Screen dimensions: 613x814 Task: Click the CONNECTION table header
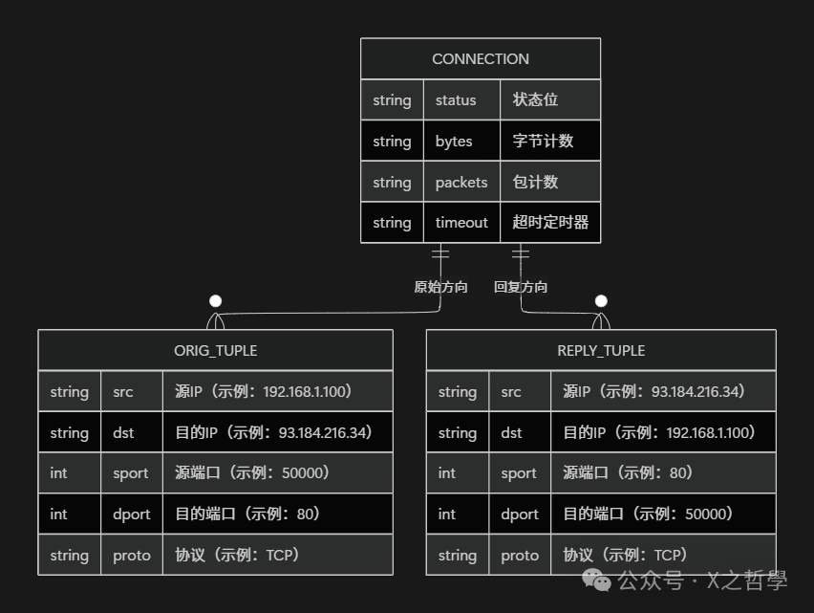coord(480,59)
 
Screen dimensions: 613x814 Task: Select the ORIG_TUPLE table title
coord(215,351)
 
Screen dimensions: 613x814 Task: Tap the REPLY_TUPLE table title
coord(601,351)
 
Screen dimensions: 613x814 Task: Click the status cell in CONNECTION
coord(456,100)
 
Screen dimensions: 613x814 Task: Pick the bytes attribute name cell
coord(454,142)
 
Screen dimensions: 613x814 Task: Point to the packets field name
coord(461,183)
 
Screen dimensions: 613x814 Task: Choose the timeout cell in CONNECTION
coord(461,223)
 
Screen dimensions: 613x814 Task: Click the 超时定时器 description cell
coord(550,223)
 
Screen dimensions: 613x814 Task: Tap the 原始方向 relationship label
coord(440,287)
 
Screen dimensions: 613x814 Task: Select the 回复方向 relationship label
coord(521,287)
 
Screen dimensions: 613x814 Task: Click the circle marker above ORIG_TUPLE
coord(215,301)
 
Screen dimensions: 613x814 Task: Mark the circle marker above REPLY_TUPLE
coord(601,301)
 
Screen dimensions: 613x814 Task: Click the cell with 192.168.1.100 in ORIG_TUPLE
coord(277,391)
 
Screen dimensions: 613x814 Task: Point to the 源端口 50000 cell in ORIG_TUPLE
coord(277,473)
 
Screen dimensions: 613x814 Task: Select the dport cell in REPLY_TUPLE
coord(520,514)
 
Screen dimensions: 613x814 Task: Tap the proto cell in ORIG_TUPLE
coord(132,556)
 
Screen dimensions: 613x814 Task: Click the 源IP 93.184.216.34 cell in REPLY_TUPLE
coord(663,391)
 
